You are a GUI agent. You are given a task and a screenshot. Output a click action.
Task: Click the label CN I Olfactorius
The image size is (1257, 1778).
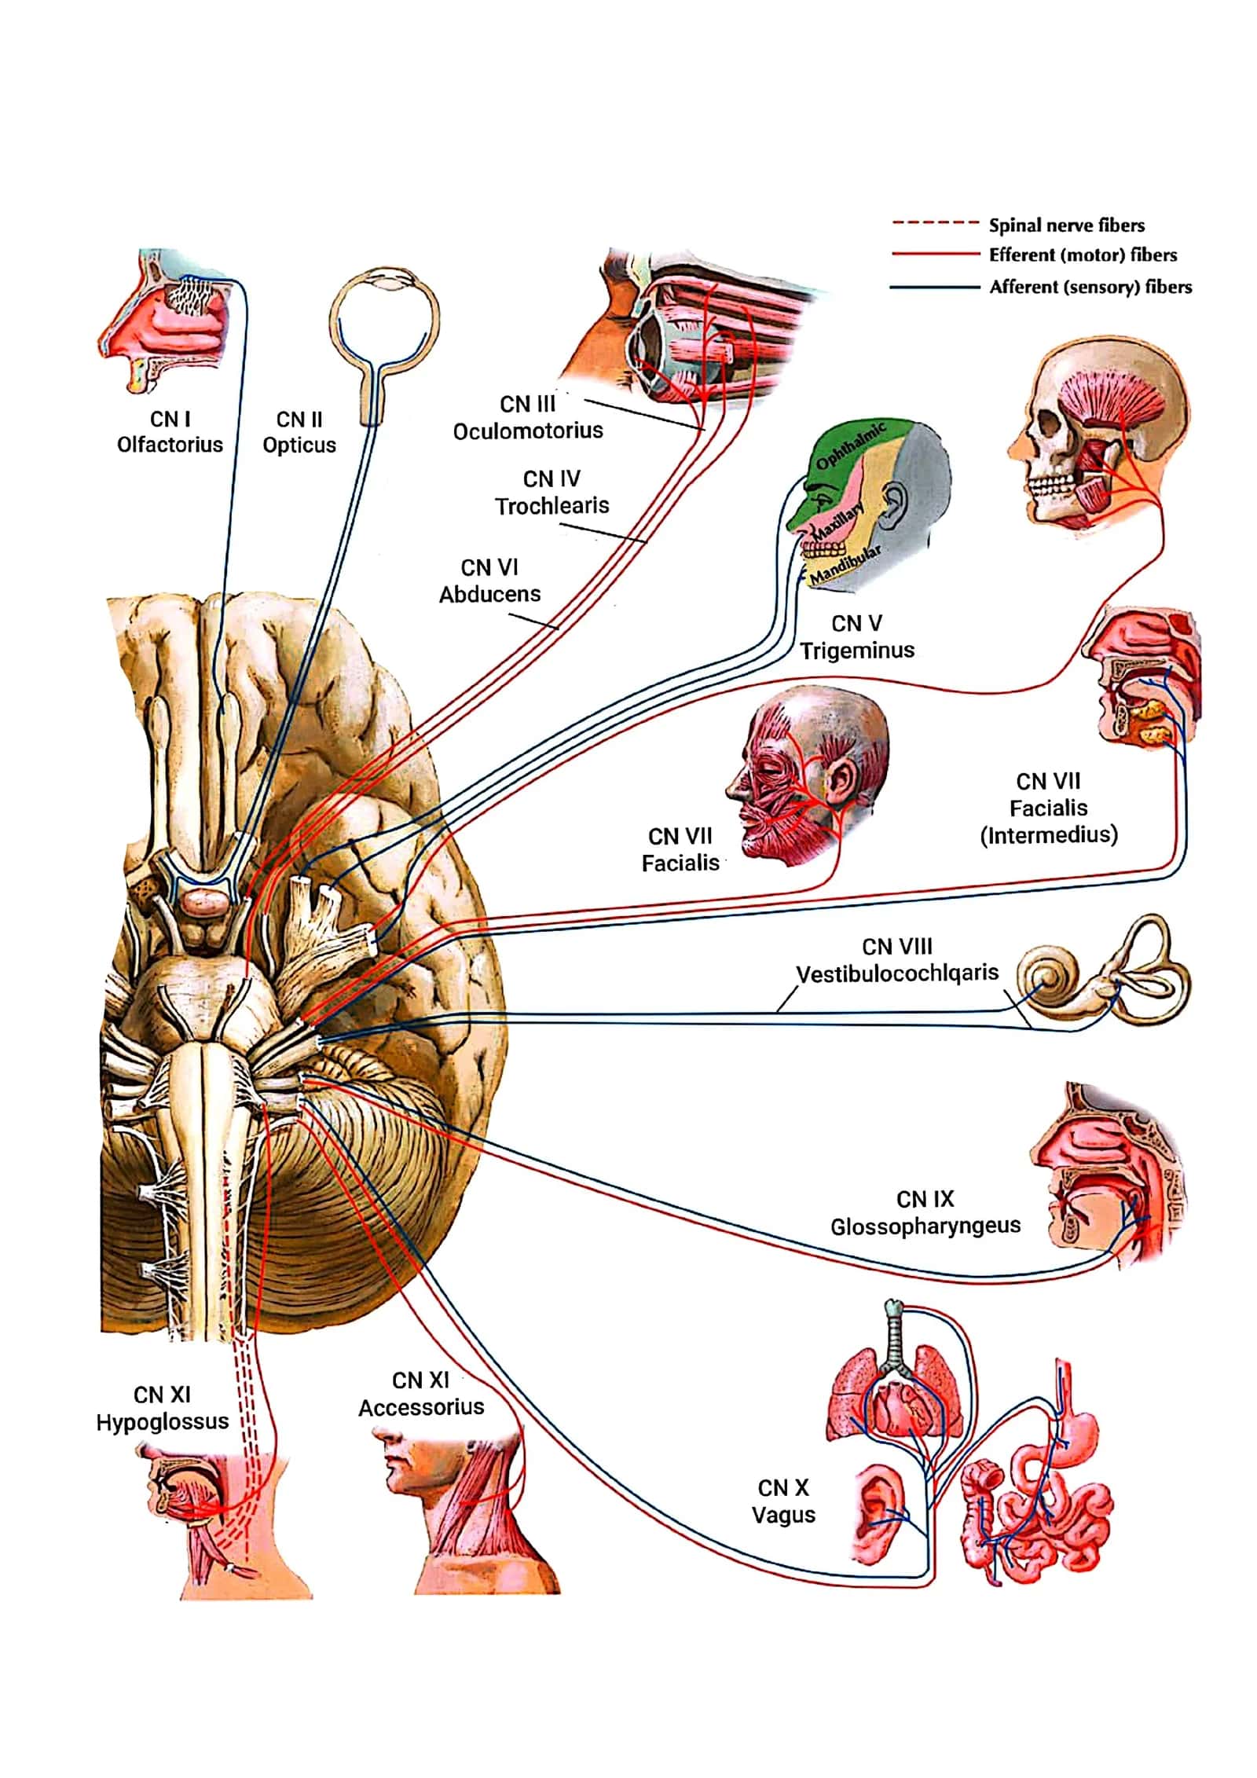coord(170,431)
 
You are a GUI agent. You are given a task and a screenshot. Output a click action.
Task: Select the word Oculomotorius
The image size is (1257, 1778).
coord(528,431)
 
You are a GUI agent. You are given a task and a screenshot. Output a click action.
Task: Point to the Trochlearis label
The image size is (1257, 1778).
coord(552,505)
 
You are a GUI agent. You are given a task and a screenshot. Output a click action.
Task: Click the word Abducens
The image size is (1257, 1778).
coord(489,594)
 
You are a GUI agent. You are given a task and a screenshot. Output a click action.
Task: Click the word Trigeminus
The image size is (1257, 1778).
coord(858,651)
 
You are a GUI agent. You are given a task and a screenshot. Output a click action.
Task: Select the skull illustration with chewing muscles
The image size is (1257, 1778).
coord(1098,437)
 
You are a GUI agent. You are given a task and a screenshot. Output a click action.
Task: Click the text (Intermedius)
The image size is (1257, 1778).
coord(1049,834)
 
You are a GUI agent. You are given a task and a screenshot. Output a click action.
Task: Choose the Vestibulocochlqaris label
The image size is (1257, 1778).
coord(897,973)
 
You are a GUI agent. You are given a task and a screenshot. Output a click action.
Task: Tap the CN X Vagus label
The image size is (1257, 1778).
coord(783,1501)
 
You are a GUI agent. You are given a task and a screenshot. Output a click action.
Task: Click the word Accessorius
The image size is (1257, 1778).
coord(421,1407)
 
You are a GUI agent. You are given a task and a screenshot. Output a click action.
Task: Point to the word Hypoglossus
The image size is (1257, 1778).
coord(163,1421)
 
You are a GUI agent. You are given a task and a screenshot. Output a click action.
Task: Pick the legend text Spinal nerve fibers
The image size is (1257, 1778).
coord(1066,225)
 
